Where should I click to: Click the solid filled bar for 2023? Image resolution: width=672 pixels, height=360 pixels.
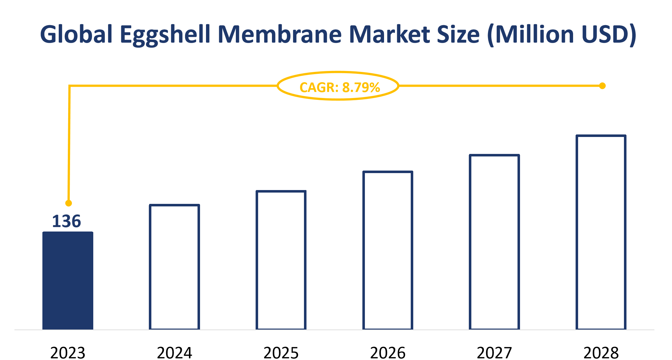click(68, 281)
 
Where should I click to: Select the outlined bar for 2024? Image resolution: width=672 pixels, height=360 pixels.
click(174, 267)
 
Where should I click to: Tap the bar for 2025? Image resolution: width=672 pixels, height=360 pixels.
click(281, 260)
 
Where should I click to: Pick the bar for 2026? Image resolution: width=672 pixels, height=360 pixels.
click(387, 250)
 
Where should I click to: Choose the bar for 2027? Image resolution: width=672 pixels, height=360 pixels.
click(494, 242)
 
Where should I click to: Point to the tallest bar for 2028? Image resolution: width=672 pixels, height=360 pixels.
click(601, 232)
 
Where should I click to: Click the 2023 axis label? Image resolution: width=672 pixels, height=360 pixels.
click(68, 353)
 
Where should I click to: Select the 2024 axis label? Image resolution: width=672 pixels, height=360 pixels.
click(174, 353)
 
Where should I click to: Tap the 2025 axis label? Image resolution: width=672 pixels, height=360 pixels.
click(281, 353)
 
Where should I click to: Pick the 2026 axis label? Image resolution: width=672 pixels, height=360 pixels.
click(387, 353)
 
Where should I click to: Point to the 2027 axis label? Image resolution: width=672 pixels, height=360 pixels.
click(494, 353)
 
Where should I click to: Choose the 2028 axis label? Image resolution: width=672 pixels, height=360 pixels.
click(601, 353)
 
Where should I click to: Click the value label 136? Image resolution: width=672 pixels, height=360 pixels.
click(67, 221)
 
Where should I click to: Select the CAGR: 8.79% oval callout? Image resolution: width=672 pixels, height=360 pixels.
click(338, 86)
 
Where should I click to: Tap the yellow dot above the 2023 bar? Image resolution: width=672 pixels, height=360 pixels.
click(68, 203)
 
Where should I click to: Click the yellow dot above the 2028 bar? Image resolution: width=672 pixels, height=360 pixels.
click(602, 86)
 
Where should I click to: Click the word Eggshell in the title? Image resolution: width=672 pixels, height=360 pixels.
click(165, 35)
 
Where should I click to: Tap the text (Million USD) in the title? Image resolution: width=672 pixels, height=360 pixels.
click(561, 35)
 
